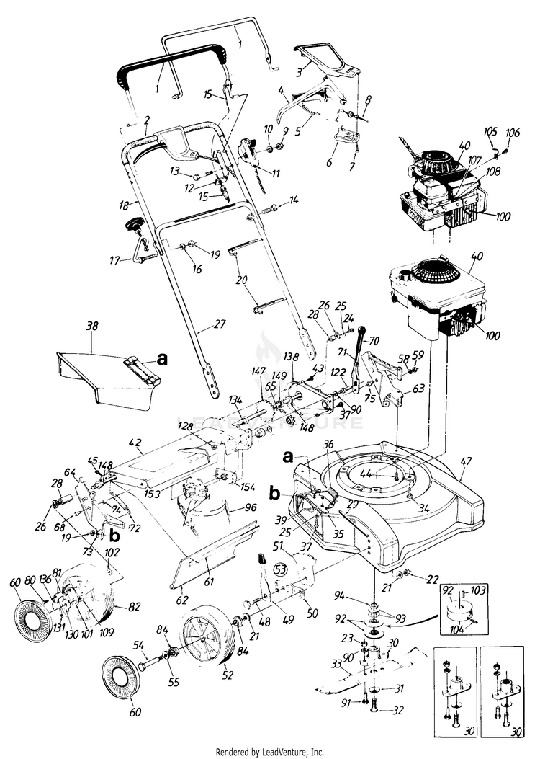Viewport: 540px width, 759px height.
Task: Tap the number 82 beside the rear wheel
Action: (122, 605)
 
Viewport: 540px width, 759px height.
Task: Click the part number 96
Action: (250, 507)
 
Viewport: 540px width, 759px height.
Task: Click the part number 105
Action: (490, 133)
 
